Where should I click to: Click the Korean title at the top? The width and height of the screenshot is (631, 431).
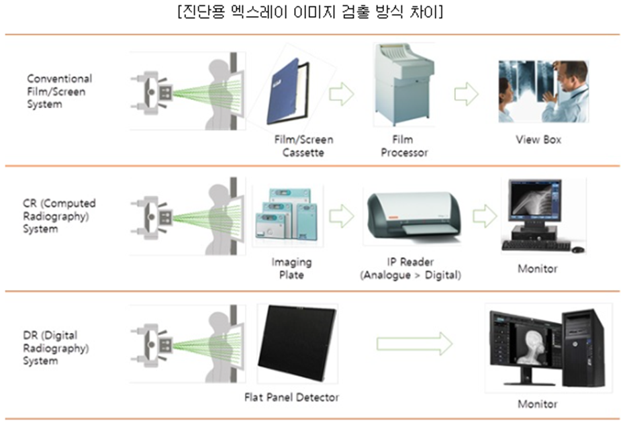point(310,11)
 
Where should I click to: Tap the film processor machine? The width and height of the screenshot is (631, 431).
point(403,85)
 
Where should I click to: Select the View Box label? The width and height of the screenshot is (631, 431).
point(538,140)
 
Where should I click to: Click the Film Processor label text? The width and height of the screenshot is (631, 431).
point(404,146)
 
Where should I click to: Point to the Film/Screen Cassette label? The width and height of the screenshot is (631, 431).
point(303,146)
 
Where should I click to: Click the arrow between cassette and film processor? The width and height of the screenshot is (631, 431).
point(342,94)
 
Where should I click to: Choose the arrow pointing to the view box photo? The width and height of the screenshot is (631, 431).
point(467,94)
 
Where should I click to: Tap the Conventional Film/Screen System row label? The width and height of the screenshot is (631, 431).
point(59,91)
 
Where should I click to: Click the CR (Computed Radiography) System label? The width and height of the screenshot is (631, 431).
point(59,216)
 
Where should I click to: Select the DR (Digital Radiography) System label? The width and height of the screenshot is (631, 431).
point(56,348)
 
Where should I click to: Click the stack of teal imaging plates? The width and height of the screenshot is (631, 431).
point(287,215)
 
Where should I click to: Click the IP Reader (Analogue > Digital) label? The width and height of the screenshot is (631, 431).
point(410,269)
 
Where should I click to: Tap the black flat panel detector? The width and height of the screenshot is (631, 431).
point(297,342)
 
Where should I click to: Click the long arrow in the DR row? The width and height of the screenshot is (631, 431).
point(414,344)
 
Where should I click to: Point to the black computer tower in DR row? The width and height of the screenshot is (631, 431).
point(583,348)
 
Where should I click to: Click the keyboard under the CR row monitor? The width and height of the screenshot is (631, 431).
point(536,245)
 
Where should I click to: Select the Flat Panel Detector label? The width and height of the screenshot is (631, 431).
point(292,397)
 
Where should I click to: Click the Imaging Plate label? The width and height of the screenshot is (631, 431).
point(291,269)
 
